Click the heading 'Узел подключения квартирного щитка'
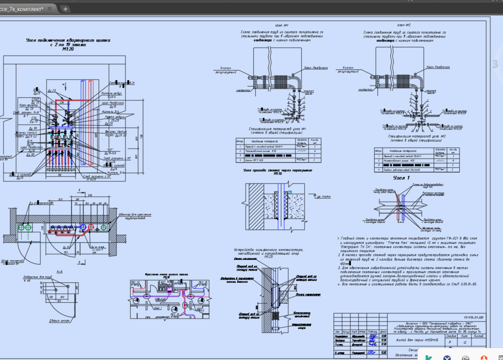[68, 41]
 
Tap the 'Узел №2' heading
[404, 25]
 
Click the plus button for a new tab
[65, 9]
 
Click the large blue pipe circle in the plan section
[84, 227]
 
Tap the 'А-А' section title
[59, 272]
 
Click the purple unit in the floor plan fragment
[170, 289]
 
